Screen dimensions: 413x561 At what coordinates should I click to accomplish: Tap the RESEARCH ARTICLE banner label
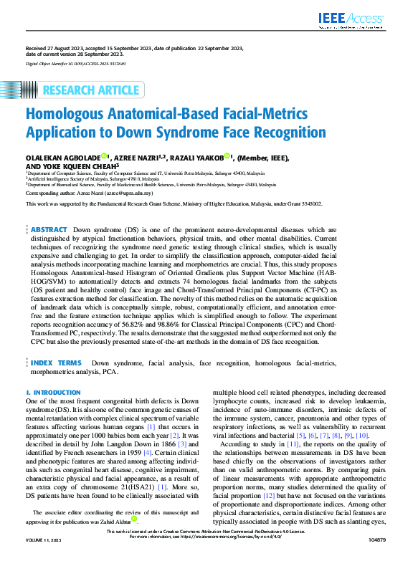[91, 90]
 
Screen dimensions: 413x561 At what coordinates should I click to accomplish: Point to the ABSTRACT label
[49, 229]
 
